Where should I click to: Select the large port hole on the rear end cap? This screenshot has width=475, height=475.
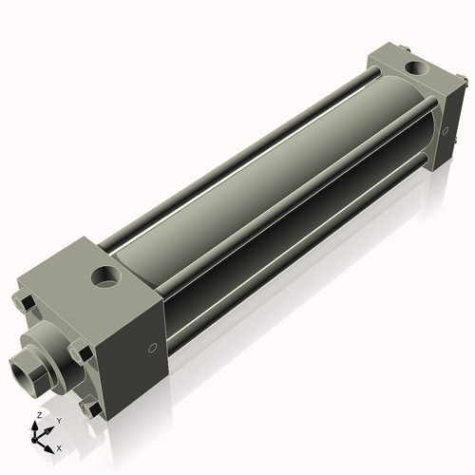tap(416, 67)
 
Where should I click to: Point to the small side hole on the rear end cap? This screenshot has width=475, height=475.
tap(444, 131)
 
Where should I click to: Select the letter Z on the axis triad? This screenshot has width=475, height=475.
tap(39, 416)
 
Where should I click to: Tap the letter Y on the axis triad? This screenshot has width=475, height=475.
tap(58, 421)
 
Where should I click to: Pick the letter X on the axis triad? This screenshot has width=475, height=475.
tap(59, 446)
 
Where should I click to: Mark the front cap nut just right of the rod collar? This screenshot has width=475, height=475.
tap(84, 353)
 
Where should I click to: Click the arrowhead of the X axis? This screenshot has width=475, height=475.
tap(49, 444)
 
